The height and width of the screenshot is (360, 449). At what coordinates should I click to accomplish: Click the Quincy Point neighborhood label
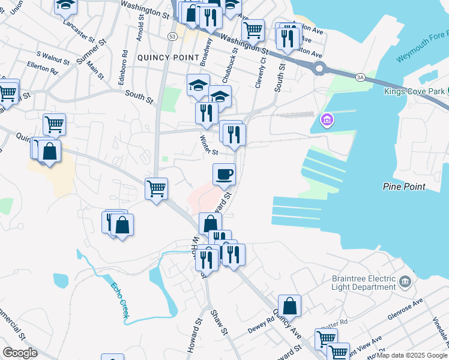tap(167, 58)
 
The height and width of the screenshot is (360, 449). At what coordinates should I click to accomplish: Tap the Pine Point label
tap(404, 187)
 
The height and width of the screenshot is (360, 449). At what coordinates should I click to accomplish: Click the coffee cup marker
tap(224, 174)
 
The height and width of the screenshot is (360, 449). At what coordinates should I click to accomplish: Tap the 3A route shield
tap(360, 77)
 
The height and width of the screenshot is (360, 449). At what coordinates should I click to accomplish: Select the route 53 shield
tap(172, 37)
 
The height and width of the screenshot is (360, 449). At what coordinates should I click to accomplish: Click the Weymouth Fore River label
tap(423, 45)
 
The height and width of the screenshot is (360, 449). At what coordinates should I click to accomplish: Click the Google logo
tap(20, 353)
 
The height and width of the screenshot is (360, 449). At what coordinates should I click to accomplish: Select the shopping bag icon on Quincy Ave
tap(289, 305)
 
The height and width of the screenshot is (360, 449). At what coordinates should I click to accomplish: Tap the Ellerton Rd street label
tap(42, 67)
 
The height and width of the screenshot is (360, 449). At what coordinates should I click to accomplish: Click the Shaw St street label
tap(220, 323)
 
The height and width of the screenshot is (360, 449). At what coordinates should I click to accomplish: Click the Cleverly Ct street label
tap(260, 73)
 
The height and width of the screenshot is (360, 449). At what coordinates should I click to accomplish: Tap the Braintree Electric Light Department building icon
tap(405, 281)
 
